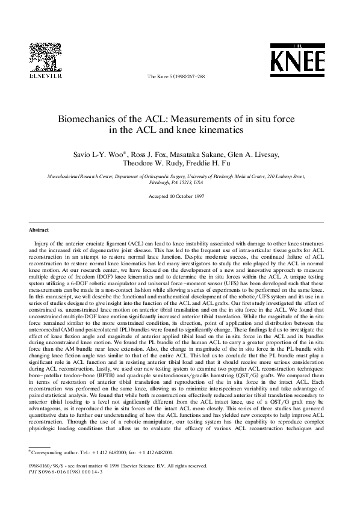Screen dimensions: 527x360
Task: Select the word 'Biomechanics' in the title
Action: (x=90, y=119)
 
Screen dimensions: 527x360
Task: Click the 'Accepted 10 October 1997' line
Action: (x=179, y=197)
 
